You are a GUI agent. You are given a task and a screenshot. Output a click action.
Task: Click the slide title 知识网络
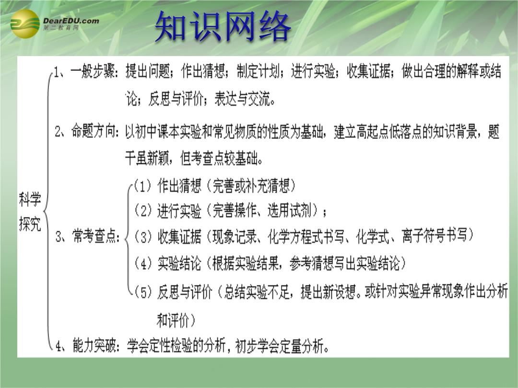[x=223, y=26]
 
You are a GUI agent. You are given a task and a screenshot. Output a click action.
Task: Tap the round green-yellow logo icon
[x=25, y=24]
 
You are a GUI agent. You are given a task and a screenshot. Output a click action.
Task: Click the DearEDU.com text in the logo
[x=71, y=21]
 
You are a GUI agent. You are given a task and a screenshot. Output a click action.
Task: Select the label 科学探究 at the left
[x=30, y=212]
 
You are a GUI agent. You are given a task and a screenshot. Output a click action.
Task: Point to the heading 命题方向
[x=94, y=131]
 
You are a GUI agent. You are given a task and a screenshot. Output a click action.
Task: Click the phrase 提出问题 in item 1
[x=148, y=71]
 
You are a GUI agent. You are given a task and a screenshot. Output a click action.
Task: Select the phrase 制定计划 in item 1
[x=259, y=71]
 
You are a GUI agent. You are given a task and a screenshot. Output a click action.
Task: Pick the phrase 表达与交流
[x=242, y=99]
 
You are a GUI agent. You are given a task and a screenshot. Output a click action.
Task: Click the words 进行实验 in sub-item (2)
[x=179, y=211]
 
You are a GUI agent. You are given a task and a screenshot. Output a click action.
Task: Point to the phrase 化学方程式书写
[x=306, y=237]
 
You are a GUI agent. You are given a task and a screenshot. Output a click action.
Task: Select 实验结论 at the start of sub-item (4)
[x=179, y=263]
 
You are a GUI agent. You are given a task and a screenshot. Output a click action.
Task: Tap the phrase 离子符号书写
[x=435, y=235]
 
